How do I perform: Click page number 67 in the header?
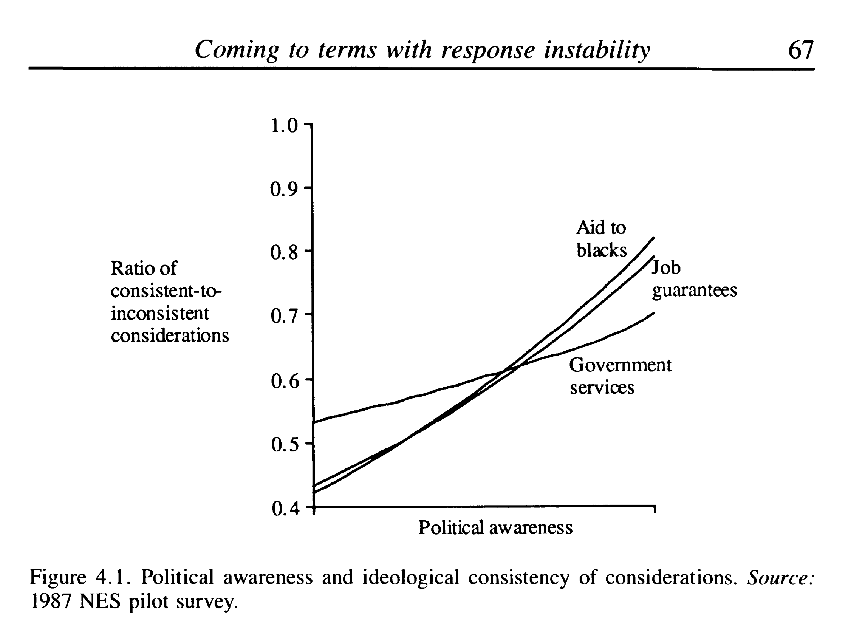pyautogui.click(x=800, y=50)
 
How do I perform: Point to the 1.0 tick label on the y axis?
pyautogui.click(x=284, y=126)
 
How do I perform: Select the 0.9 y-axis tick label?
pyautogui.click(x=284, y=189)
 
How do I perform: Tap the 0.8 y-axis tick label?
pyautogui.click(x=284, y=253)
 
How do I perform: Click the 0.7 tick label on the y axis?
pyautogui.click(x=284, y=316)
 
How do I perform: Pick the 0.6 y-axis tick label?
pyautogui.click(x=284, y=381)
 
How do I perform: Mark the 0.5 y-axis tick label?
pyautogui.click(x=284, y=445)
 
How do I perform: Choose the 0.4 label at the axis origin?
pyautogui.click(x=284, y=509)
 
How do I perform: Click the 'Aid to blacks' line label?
pyautogui.click(x=601, y=239)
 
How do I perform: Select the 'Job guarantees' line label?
pyautogui.click(x=694, y=278)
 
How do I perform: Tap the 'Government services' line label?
pyautogui.click(x=620, y=376)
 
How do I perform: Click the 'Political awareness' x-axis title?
pyautogui.click(x=495, y=528)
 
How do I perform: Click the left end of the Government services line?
pyautogui.click(x=314, y=422)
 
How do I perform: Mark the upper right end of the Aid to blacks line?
pyautogui.click(x=654, y=238)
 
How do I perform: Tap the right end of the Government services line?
pyautogui.click(x=654, y=313)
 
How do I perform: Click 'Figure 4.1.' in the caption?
pyautogui.click(x=79, y=577)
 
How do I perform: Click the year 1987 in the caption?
pyautogui.click(x=51, y=602)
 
